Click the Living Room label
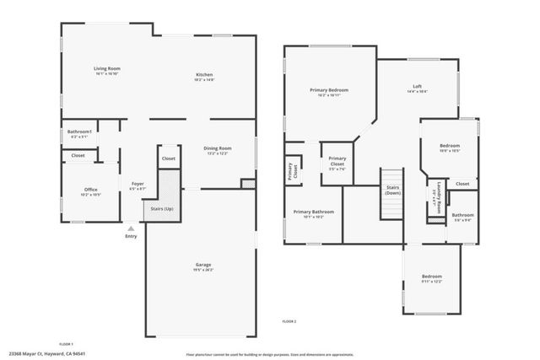pos(106,70)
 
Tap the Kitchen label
pos(204,76)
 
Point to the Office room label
pos(91,191)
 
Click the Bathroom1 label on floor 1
pos(80,133)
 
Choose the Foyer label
pos(138,185)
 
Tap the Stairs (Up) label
pos(162,207)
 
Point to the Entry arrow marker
pos(131,228)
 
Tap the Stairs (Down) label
pos(392,190)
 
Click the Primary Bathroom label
pos(314,213)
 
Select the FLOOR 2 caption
pos(289,322)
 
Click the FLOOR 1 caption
pos(67,344)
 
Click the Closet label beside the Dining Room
pos(168,159)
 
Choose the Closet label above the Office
pos(78,156)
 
